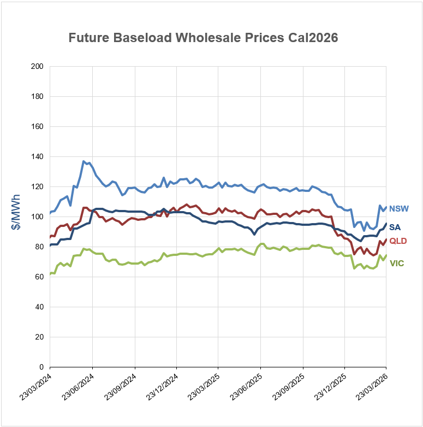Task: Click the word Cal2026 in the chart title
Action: click(x=311, y=38)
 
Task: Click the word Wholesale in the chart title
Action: click(x=202, y=38)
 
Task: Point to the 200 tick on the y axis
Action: click(x=37, y=67)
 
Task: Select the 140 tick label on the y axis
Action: click(x=37, y=157)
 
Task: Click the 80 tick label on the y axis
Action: click(x=39, y=247)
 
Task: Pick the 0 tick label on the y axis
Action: click(x=41, y=367)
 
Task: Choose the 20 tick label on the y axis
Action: click(x=39, y=337)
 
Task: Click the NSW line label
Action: click(x=399, y=209)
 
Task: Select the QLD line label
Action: click(x=398, y=241)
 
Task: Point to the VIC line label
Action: click(x=397, y=264)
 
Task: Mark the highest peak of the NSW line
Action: click(x=84, y=161)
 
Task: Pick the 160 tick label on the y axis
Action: click(x=37, y=127)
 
